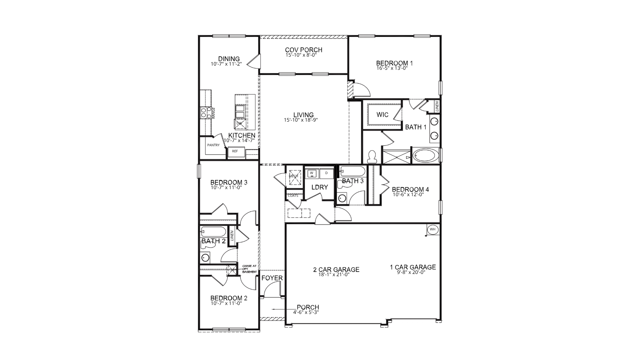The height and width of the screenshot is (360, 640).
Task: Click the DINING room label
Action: point(229,59)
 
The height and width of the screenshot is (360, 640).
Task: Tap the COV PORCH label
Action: point(304,50)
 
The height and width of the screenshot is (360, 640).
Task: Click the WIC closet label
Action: point(382,115)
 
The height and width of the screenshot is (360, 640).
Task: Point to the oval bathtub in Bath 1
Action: point(426,156)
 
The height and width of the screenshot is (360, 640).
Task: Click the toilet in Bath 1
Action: point(372,156)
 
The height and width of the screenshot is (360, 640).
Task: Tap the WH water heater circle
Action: point(433,229)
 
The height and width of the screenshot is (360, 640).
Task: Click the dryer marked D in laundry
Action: point(326,173)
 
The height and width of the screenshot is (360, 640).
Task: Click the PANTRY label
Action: point(213,145)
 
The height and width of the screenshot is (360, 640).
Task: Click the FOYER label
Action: point(272,278)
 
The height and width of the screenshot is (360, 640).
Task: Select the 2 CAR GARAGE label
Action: point(336,270)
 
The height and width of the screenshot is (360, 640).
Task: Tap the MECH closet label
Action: point(293,176)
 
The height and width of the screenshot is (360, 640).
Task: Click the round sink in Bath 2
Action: point(205,257)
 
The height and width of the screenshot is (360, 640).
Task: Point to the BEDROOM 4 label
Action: point(410,189)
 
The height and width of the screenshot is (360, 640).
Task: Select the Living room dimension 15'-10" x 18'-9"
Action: point(301,120)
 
